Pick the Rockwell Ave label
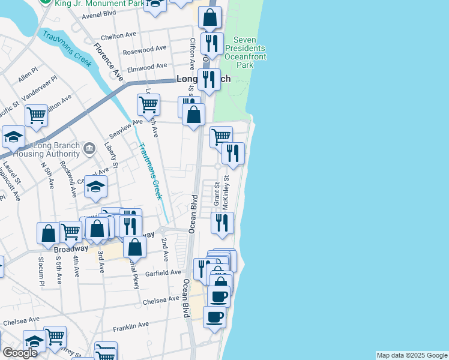(71, 183)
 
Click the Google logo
(20, 353)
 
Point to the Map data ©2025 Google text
(411, 355)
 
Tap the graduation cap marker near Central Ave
(95, 187)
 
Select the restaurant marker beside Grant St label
(222, 223)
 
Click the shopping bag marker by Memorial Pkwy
(136, 247)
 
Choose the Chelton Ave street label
(117, 36)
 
